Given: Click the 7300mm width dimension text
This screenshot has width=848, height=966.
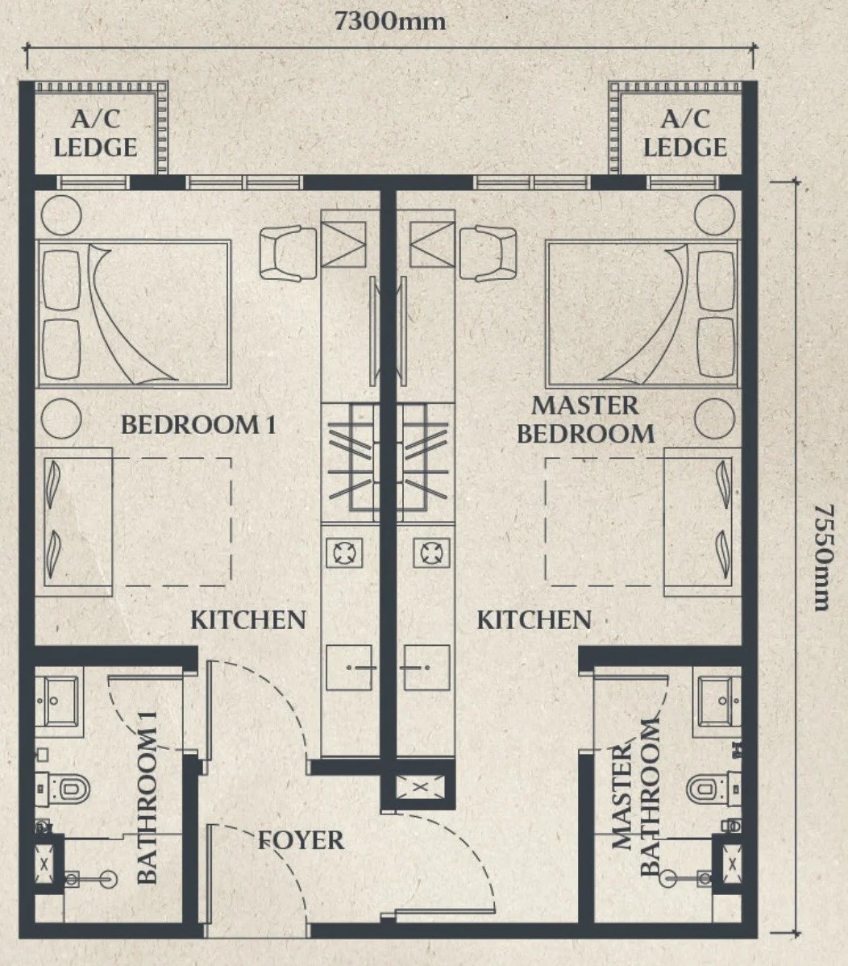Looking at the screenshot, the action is coord(390,21).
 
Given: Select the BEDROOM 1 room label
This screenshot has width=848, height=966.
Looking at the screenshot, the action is coord(198,425).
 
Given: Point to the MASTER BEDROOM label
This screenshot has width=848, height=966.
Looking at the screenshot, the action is coord(585,419).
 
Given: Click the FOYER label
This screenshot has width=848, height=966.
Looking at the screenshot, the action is coord(301,840).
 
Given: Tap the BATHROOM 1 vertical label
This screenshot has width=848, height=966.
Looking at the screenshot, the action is coord(147,797).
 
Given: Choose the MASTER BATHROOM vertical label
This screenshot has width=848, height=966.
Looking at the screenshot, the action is coord(635,797).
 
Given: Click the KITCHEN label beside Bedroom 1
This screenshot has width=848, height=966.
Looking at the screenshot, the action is coord(248,620).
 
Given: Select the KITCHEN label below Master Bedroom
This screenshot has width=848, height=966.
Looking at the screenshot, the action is coord(534,620).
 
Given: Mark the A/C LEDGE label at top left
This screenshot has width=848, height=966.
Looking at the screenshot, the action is coord(95,133).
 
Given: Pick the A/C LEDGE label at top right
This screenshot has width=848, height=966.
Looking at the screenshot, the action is coord(685,133).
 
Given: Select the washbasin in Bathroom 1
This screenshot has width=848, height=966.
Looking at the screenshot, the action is coord(57,701).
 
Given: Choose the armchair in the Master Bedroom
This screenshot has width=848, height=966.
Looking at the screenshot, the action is coord(488,253).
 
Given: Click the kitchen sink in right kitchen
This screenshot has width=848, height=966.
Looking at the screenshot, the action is coord(426,667).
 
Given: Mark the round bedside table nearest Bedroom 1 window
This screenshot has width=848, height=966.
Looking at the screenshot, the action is coord(61,215).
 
